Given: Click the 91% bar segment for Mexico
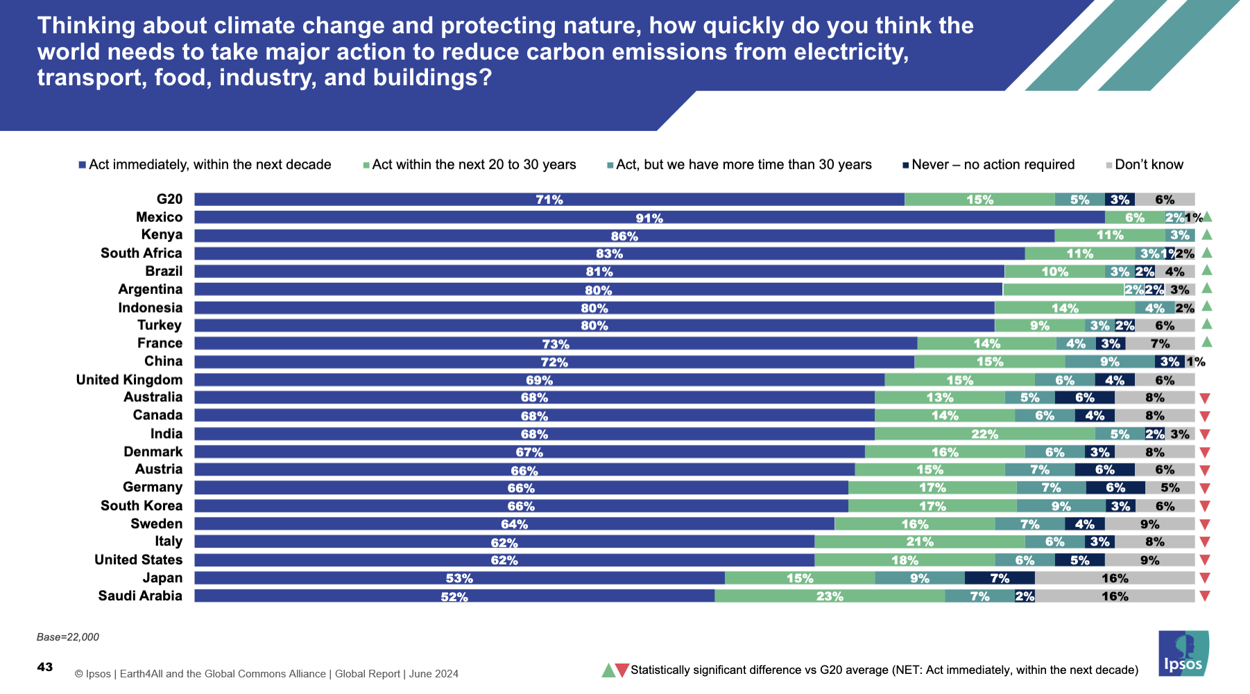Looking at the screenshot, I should click(x=649, y=218).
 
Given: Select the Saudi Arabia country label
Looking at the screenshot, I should click(x=140, y=596).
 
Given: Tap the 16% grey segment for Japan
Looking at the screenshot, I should click(x=1115, y=578).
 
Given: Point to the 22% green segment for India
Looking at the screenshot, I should click(x=984, y=434).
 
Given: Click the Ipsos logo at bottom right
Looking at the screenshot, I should click(x=1183, y=653).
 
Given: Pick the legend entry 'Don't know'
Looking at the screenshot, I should click(x=1149, y=165).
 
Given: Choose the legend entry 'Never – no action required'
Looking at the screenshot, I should click(x=993, y=165).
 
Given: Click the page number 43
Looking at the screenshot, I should click(x=45, y=667).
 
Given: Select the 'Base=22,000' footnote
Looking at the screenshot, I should click(x=68, y=637).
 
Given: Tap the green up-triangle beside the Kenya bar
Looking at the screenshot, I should click(x=1207, y=234).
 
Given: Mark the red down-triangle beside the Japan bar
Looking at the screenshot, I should click(x=1205, y=578).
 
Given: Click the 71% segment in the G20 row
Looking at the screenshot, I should click(x=549, y=200).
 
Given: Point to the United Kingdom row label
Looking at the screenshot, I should click(x=130, y=380).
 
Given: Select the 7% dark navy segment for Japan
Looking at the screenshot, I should click(x=1000, y=578).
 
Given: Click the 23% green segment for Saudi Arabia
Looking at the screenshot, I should click(x=830, y=596).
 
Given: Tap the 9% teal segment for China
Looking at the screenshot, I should click(x=1110, y=362).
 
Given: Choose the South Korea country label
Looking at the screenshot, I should click(x=142, y=506).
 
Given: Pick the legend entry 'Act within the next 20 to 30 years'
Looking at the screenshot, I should click(x=474, y=165).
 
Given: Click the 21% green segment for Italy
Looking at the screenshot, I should click(x=920, y=542).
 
